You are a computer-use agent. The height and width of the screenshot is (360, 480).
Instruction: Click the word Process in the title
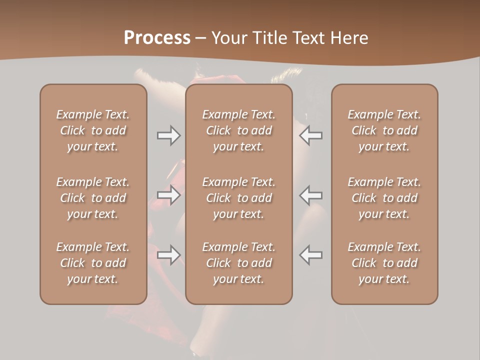click(157, 38)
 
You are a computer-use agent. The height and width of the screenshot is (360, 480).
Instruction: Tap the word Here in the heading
click(349, 38)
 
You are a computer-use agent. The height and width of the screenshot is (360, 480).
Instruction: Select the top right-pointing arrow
click(169, 135)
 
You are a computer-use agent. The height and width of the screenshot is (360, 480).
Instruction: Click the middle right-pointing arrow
click(169, 195)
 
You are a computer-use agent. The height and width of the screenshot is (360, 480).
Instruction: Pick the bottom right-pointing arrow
click(169, 255)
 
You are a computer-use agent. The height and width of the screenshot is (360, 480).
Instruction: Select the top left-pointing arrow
click(310, 135)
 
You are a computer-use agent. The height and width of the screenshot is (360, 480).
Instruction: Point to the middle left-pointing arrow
click(310, 195)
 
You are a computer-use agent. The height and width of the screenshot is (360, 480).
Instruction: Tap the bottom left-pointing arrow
click(310, 255)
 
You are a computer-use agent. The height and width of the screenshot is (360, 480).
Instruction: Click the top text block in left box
click(93, 130)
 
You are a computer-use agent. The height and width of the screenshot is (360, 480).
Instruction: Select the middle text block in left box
click(93, 198)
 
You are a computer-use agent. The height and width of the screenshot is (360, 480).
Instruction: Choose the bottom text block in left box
click(93, 263)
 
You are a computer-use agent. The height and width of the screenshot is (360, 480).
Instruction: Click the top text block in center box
click(239, 130)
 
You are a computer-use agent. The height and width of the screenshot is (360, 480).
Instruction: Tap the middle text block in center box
click(239, 198)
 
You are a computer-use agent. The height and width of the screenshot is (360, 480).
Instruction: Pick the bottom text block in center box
click(239, 263)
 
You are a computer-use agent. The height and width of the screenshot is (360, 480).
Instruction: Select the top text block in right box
click(384, 130)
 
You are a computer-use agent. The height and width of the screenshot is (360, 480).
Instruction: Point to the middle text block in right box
click(384, 198)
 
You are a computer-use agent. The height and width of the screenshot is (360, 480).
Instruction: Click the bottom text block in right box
click(384, 263)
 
